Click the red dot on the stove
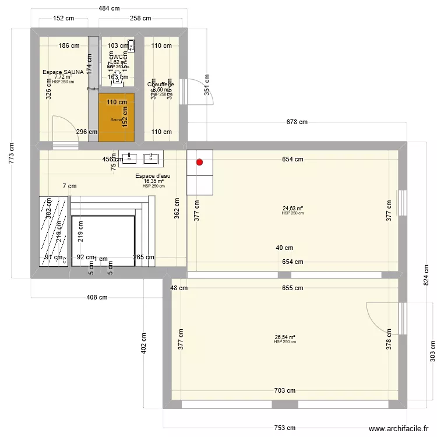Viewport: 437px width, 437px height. [x=200, y=163]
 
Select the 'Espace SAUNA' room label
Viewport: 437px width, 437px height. [x=63, y=72]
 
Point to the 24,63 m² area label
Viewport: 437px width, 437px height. [x=292, y=208]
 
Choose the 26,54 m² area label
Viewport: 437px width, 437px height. [x=285, y=337]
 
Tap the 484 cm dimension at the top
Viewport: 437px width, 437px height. [x=109, y=8]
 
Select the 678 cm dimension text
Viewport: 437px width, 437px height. [x=297, y=122]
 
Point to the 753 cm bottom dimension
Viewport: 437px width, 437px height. [x=284, y=428]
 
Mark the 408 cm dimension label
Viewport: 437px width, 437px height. [x=97, y=297]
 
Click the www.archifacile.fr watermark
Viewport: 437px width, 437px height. [x=400, y=428]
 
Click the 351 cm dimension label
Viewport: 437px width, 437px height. [x=207, y=87]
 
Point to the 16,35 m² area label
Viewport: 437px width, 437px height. [x=154, y=182]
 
